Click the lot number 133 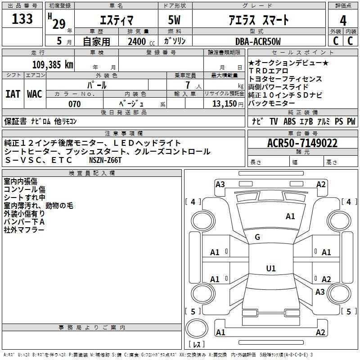22,18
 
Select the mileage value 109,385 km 53,65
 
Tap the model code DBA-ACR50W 258,41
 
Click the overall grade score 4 343,20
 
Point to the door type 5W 174,20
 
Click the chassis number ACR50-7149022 302,143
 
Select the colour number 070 75,104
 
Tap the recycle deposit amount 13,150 225,104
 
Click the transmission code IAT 13,94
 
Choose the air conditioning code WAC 35,94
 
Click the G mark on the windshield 257,237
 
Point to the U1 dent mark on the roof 271,268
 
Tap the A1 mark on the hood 290,216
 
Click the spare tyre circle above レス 197,328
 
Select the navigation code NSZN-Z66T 105,160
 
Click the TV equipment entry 274,121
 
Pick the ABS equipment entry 289,121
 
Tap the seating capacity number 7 188,85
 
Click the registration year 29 59,24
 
